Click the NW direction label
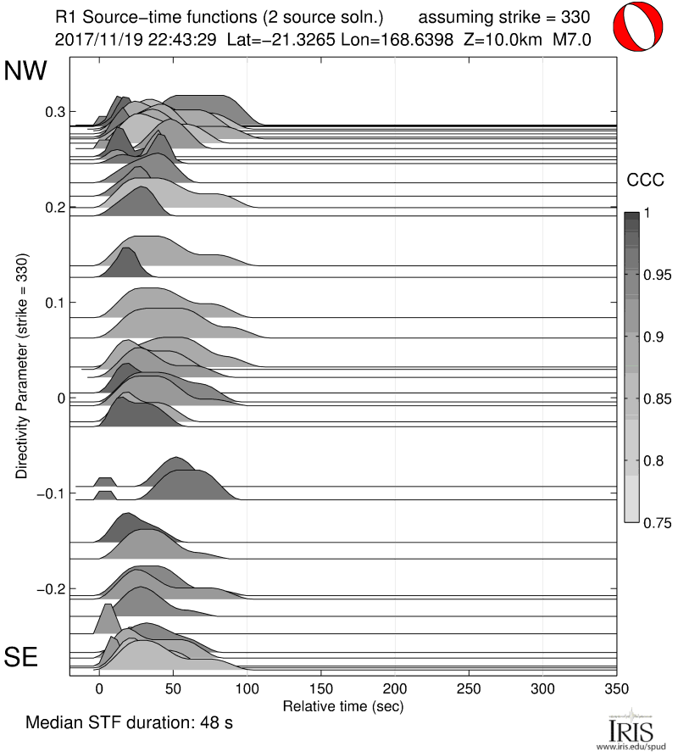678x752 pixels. coord(25,71)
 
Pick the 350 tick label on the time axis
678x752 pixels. coord(617,688)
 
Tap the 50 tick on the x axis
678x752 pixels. coord(173,688)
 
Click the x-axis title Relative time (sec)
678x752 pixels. coord(342,705)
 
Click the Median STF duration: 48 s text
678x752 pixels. coord(129,723)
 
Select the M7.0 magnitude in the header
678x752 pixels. coord(570,39)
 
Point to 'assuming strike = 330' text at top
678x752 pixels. coord(504,16)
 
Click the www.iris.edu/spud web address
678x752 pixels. coord(631,746)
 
